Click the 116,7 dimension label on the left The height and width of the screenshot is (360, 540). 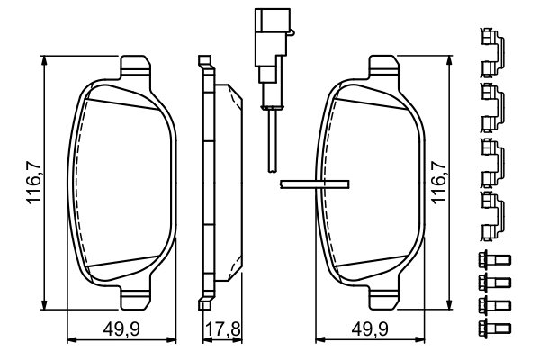pyautogui.click(x=34, y=182)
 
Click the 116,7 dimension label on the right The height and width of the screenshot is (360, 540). pyautogui.click(x=439, y=182)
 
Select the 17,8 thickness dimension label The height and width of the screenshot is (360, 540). pyautogui.click(x=223, y=329)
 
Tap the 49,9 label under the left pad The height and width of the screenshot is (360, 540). pyautogui.click(x=121, y=329)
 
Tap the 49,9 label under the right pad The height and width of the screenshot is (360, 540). pyautogui.click(x=370, y=329)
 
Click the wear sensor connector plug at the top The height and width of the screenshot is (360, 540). pyautogui.click(x=272, y=45)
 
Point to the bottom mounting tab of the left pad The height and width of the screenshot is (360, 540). pyautogui.click(x=135, y=298)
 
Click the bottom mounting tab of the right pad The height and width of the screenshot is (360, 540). pyautogui.click(x=384, y=298)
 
